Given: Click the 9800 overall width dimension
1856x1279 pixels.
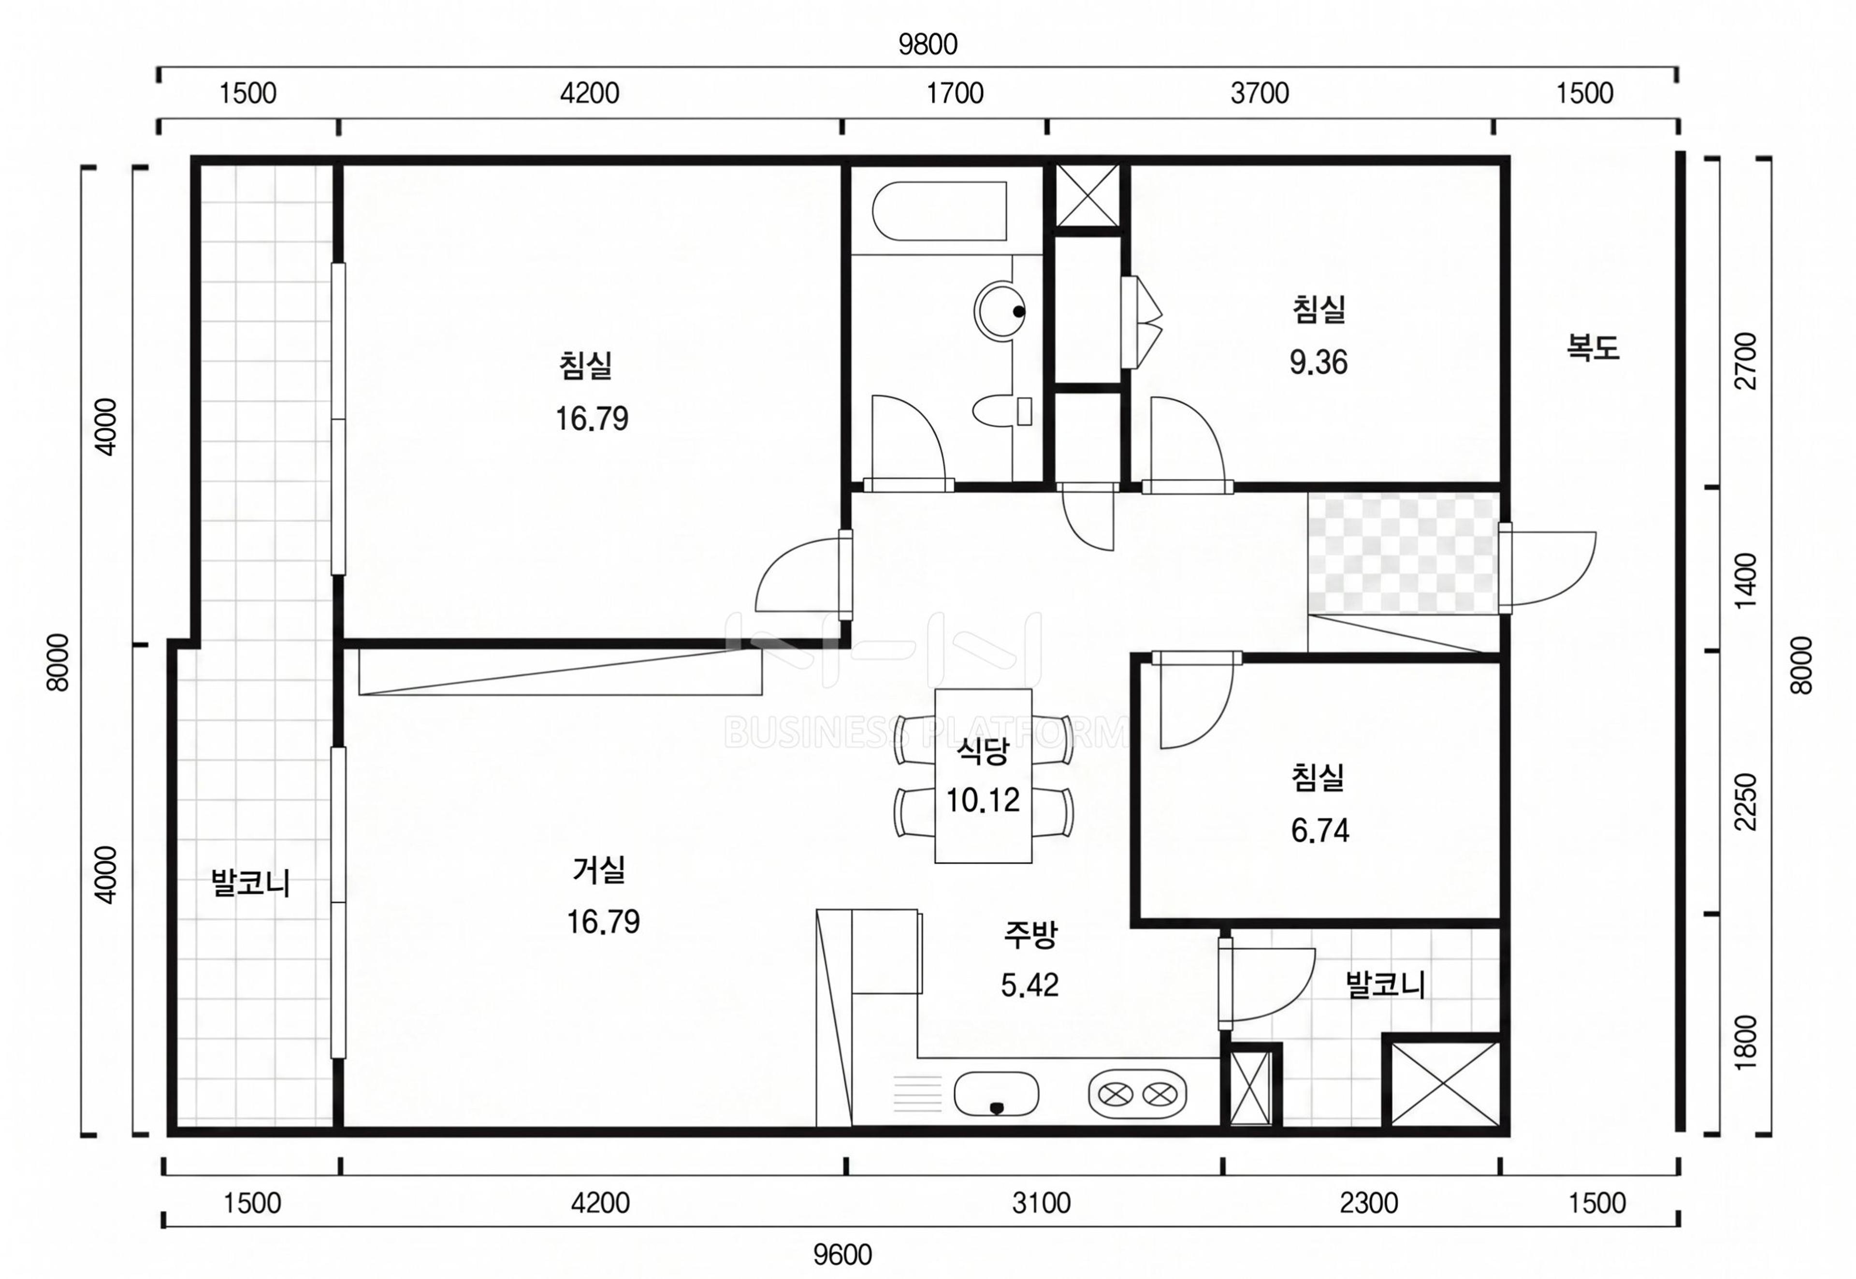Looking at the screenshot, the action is (928, 44).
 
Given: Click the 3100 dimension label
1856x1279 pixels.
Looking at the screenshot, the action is (1042, 1203).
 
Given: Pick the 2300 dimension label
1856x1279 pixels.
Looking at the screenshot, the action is (1369, 1203).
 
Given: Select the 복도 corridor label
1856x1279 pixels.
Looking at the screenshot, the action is (1593, 347).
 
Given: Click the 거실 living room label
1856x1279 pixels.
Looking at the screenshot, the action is (599, 869).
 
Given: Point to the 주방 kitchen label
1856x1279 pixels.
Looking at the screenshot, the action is (1031, 934).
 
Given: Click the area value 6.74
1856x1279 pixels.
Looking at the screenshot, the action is (1320, 830).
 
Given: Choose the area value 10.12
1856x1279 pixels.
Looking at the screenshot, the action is (983, 800).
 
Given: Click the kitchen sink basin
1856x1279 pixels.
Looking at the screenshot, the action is (997, 1094).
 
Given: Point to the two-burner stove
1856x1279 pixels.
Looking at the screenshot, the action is (1137, 1094).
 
